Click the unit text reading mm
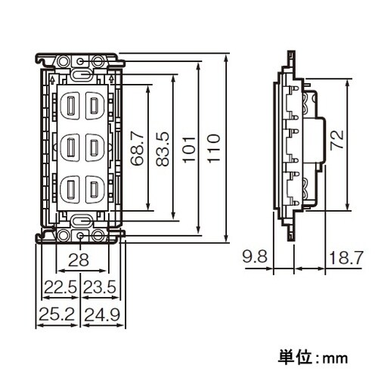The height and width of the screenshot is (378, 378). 330,355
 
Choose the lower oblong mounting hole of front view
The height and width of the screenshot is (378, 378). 81,220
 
